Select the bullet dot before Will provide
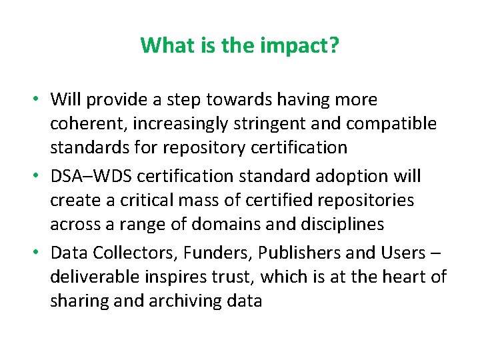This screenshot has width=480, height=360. tap(39, 100)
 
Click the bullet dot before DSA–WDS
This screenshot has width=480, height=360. tap(39, 177)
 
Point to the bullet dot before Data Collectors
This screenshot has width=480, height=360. tap(39, 253)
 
